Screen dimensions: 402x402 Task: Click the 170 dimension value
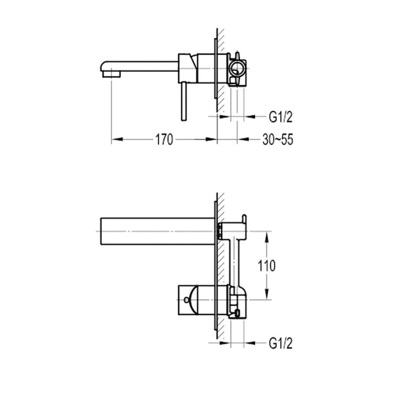164,140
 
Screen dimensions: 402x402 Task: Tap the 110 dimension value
267,265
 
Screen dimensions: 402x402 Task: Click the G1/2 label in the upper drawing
281,118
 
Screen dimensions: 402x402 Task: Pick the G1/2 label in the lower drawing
281,344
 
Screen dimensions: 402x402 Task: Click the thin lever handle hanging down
183,100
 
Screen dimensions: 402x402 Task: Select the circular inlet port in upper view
236,69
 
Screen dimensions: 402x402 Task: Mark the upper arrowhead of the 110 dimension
267,234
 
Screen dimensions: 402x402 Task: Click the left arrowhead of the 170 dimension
114,139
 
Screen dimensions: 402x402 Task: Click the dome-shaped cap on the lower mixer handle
195,297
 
